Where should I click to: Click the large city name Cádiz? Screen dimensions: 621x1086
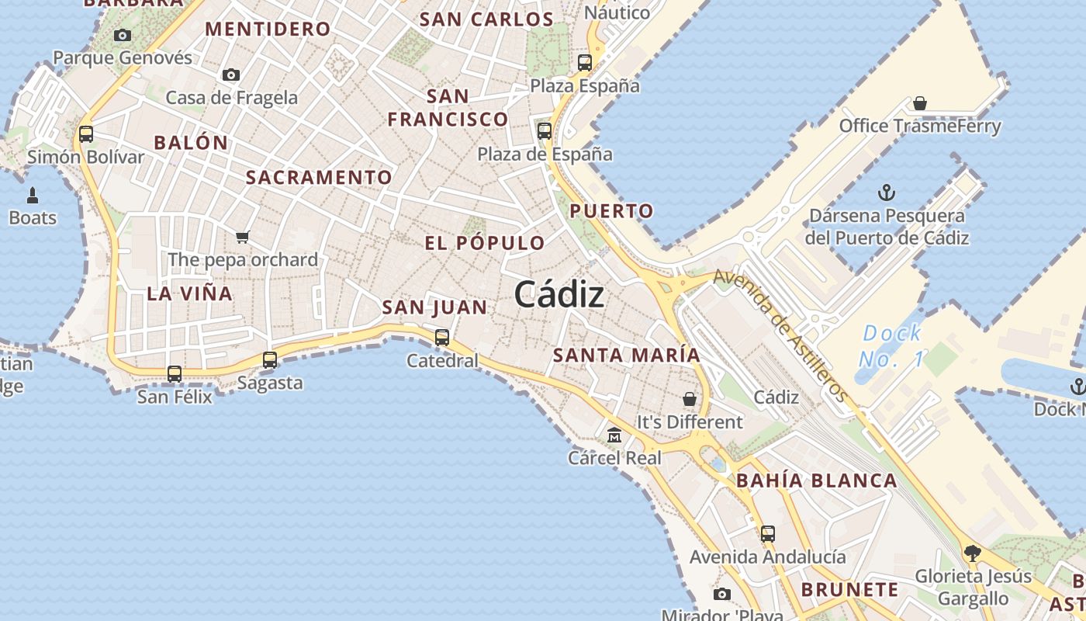coord(559,295)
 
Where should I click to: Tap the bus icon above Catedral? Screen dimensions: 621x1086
coord(442,337)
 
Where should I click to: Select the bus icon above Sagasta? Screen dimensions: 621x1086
coord(270,359)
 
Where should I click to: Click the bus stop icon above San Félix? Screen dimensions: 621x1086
coord(175,373)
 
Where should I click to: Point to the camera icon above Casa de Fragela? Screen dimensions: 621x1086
coord(230,75)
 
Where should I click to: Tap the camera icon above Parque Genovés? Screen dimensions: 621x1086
coord(123,35)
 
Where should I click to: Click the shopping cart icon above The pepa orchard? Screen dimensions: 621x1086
coord(243,237)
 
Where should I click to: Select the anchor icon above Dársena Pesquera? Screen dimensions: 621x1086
coord(886,192)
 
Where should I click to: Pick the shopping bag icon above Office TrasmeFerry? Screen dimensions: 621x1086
coord(919,103)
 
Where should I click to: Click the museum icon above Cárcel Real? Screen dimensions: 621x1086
coord(614,435)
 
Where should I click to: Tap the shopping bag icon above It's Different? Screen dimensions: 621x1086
coord(690,399)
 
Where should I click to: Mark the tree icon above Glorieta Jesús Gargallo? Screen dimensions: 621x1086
coord(972,553)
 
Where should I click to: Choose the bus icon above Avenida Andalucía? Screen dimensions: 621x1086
coord(767,533)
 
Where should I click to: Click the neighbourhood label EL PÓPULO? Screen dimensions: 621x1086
coord(485,243)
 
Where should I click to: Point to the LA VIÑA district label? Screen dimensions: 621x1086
coord(189,293)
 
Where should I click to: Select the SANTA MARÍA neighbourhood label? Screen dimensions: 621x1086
coord(626,356)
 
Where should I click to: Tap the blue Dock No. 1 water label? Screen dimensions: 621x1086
coord(892,346)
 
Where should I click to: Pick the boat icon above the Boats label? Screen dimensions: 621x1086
coord(33,195)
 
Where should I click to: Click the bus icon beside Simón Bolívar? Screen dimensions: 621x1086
coord(86,134)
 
